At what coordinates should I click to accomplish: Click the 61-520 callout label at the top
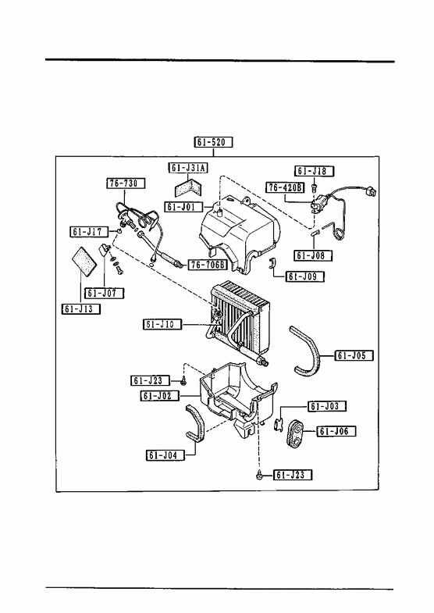(x=213, y=142)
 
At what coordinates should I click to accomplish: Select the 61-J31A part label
(x=188, y=168)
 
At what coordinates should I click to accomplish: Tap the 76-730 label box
(x=126, y=184)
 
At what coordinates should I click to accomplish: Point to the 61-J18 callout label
(x=314, y=171)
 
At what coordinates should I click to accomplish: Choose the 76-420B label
(x=286, y=187)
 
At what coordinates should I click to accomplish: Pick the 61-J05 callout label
(x=354, y=355)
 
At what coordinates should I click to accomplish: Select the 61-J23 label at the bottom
(x=293, y=475)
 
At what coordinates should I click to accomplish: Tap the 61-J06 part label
(x=336, y=432)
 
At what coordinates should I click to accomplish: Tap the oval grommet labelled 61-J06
(x=297, y=434)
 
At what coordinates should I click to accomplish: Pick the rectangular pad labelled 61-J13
(x=84, y=262)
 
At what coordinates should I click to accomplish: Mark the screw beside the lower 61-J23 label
(x=258, y=475)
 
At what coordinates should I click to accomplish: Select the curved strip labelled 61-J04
(x=197, y=424)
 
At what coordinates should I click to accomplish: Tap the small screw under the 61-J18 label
(x=314, y=188)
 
